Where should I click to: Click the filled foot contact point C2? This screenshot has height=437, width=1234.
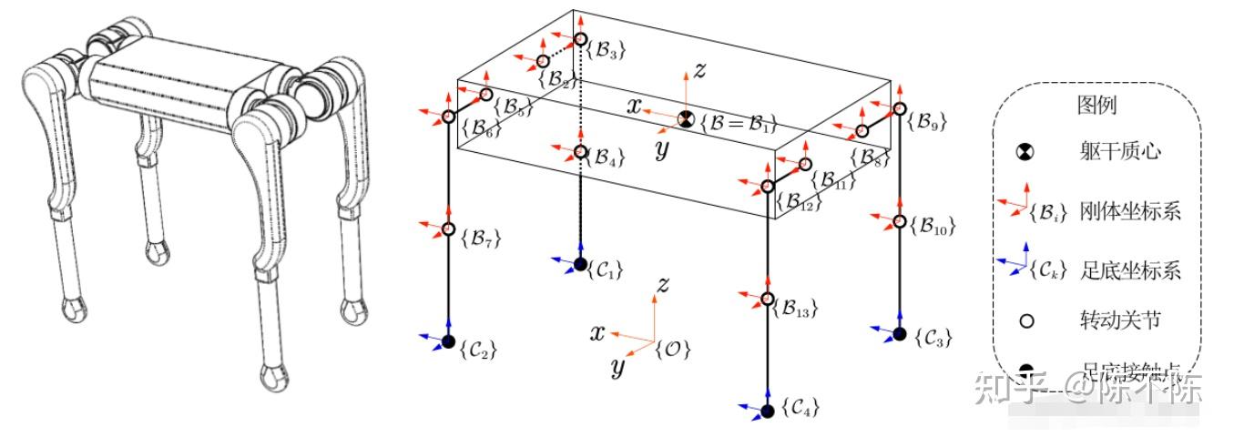448,341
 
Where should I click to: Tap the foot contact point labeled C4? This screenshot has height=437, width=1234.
767,412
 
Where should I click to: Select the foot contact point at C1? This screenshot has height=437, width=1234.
581,264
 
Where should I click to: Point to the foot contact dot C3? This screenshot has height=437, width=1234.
900,334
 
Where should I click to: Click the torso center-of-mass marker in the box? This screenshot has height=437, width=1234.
686,118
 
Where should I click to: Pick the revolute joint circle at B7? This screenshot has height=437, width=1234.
448,228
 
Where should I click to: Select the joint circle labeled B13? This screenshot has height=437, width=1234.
767,299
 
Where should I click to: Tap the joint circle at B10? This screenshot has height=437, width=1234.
900,221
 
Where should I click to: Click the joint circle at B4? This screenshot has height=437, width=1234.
581,151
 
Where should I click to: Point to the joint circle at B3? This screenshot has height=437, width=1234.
581,39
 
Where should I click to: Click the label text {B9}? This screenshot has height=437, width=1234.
927,125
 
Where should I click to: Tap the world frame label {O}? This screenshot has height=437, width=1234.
673,347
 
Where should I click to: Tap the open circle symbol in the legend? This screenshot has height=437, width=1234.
1026,321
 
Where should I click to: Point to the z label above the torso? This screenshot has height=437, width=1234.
699,71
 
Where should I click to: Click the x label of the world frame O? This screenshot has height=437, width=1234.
597,332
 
